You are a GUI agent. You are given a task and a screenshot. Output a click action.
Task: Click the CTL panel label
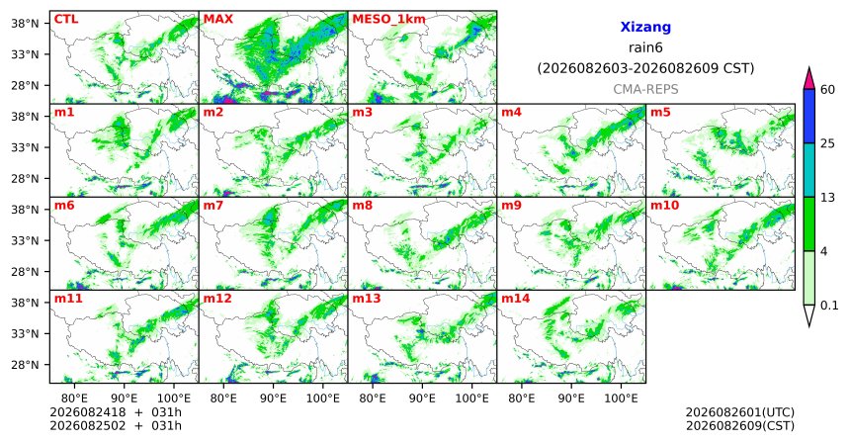[66, 19]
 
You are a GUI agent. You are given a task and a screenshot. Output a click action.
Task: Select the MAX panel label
[217, 19]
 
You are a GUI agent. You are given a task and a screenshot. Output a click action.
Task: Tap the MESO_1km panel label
[388, 20]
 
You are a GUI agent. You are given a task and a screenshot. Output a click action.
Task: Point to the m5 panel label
[660, 113]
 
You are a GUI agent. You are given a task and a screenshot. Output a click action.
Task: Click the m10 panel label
[664, 206]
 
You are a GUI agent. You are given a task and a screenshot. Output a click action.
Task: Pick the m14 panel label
[515, 299]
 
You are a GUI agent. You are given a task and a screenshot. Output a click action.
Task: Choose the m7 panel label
[213, 206]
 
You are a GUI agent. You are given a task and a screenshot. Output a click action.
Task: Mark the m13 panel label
[367, 299]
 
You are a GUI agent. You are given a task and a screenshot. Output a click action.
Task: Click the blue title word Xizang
[645, 27]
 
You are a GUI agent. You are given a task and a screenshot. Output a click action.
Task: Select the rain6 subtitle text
[645, 47]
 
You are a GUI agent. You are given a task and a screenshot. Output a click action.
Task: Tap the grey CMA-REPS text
[645, 89]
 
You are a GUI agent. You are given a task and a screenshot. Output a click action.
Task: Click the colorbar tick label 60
[827, 89]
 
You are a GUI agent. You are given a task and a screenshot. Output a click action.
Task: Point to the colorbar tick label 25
[827, 143]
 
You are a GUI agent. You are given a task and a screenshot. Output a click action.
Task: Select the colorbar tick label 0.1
[829, 306]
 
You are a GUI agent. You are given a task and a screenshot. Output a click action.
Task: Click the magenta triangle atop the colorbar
[808, 79]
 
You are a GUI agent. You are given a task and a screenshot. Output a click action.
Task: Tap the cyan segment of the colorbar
[808, 170]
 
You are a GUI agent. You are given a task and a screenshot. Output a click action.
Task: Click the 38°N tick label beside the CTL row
[25, 24]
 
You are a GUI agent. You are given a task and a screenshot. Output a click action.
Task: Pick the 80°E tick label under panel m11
[74, 399]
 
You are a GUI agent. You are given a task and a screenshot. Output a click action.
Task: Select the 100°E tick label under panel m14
[621, 399]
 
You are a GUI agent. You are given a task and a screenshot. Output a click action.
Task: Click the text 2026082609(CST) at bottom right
[740, 425]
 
